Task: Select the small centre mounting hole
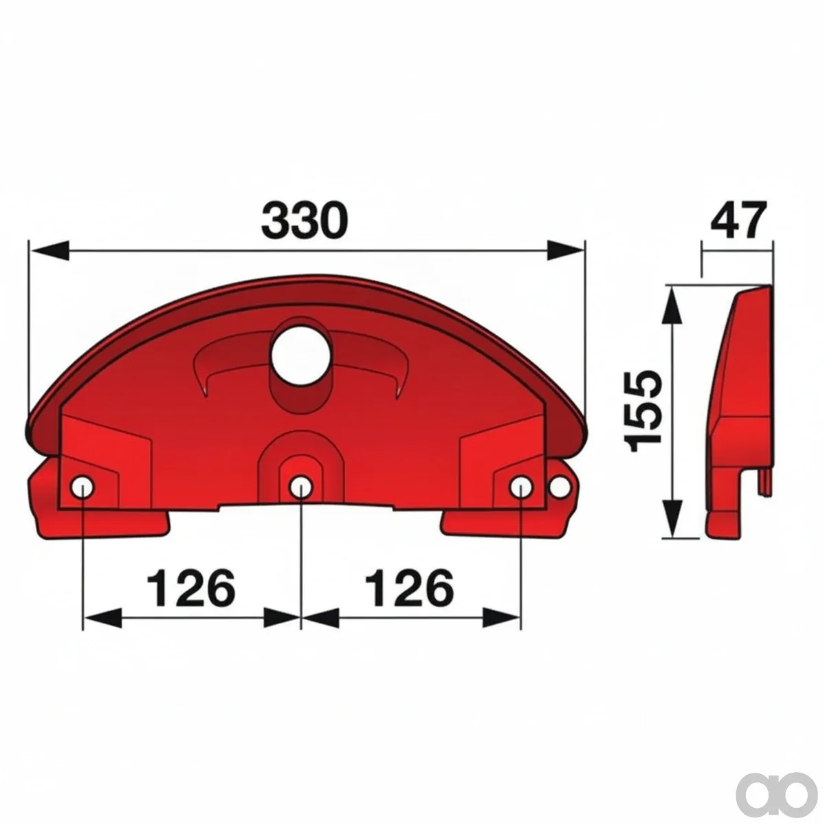tap(300, 487)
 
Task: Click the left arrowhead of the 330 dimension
tap(50, 252)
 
